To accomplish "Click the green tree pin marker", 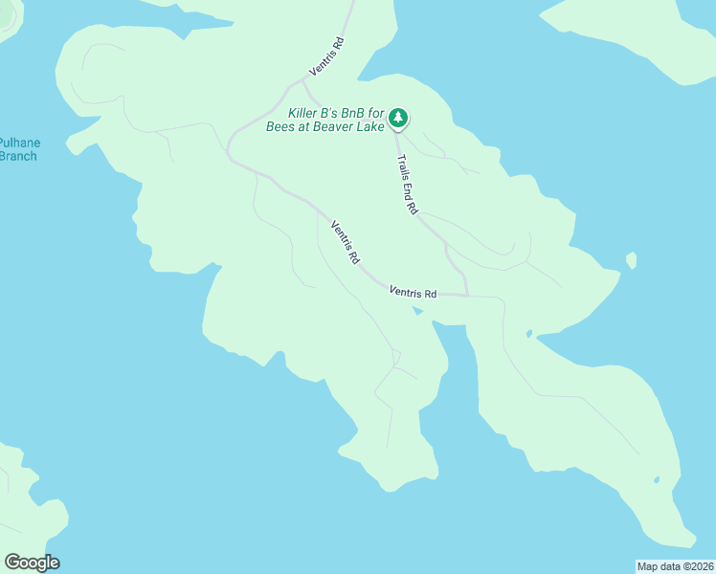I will tap(397, 118).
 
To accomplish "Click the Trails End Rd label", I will tap(408, 184).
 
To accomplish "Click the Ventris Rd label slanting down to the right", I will tap(346, 242).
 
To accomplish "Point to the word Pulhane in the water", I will tap(19, 143).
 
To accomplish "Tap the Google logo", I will tap(32, 563).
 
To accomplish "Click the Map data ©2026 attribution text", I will tap(675, 565).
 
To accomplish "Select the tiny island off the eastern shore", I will tap(631, 260).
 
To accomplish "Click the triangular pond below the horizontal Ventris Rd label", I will tap(415, 310).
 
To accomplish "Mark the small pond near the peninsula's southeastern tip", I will tap(656, 479).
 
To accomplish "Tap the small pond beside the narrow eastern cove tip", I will tap(528, 334).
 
